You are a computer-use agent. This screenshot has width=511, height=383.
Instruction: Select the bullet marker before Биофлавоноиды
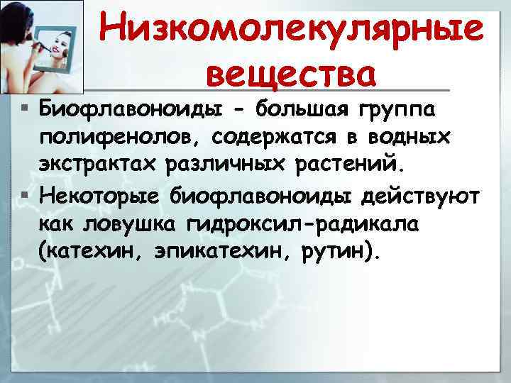pyautogui.click(x=25, y=111)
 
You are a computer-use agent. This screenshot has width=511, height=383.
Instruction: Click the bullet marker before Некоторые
pyautogui.click(x=25, y=196)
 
